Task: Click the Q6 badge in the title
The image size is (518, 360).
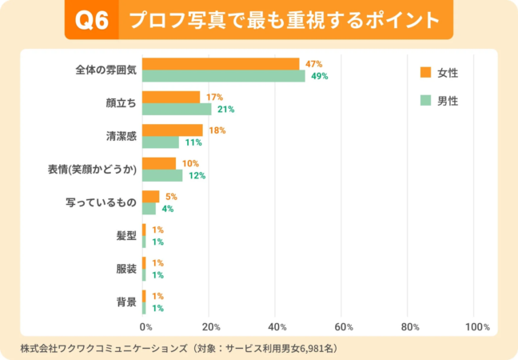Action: click(91, 19)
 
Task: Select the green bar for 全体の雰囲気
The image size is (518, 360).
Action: click(224, 76)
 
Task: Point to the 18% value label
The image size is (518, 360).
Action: click(217, 130)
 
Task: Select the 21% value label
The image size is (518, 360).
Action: click(225, 109)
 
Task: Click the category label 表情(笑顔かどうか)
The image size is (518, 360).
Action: click(94, 170)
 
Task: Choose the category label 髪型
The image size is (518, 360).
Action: click(126, 236)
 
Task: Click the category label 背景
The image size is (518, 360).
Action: click(126, 302)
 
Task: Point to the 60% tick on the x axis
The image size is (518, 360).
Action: click(344, 327)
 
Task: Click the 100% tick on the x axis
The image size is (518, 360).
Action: click(476, 327)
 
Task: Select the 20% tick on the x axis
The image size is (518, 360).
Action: click(211, 327)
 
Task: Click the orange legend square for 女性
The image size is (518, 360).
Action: click(425, 73)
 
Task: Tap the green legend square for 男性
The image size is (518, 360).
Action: click(425, 101)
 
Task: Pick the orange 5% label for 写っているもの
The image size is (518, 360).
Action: click(170, 196)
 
